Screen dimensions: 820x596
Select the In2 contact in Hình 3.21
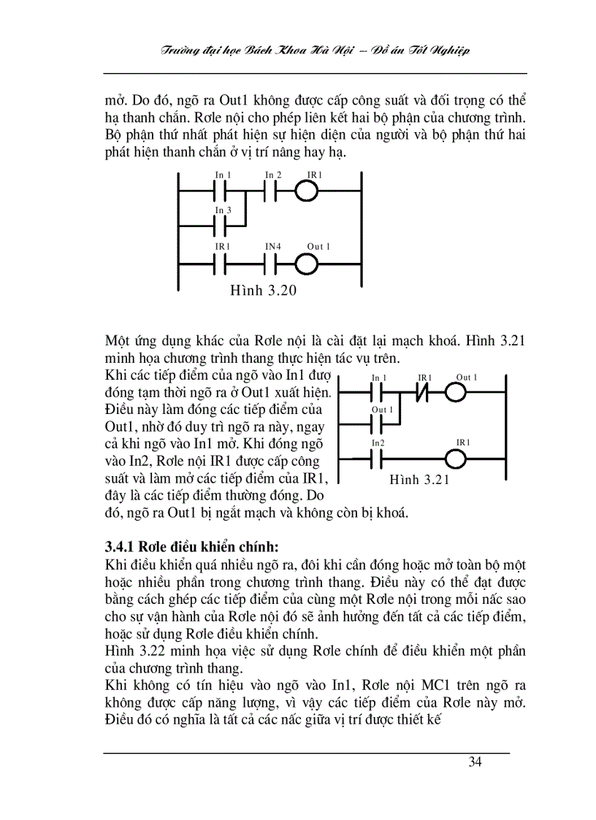[x=378, y=460]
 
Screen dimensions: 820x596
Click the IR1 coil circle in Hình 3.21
[x=456, y=460]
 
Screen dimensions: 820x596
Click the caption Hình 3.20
[x=263, y=291]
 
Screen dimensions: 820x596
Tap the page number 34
[x=475, y=763]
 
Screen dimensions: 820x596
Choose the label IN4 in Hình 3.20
[x=272, y=247]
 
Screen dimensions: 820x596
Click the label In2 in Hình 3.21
[x=378, y=443]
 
